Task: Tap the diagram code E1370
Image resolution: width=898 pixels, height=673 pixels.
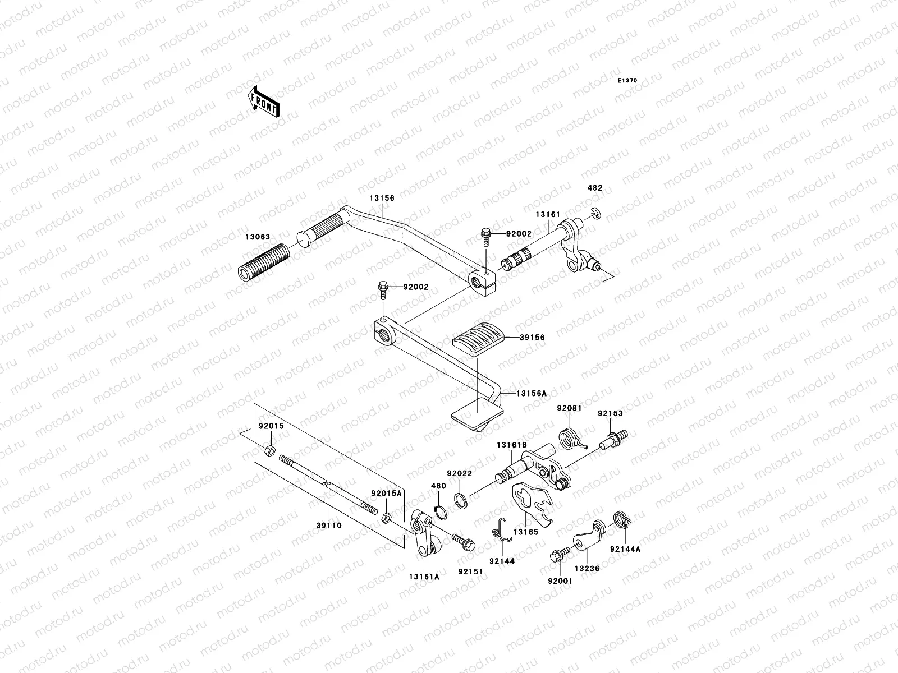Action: pyautogui.click(x=627, y=81)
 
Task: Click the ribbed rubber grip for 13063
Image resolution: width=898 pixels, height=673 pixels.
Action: pyautogui.click(x=263, y=264)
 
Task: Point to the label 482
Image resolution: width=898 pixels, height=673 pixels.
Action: pyautogui.click(x=595, y=188)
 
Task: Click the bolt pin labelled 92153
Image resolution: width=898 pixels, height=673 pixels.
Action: pyautogui.click(x=613, y=438)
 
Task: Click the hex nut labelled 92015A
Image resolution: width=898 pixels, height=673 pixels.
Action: pyautogui.click(x=387, y=517)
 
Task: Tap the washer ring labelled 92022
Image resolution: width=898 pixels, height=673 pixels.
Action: pyautogui.click(x=460, y=499)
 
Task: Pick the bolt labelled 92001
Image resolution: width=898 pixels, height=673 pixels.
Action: pyautogui.click(x=559, y=556)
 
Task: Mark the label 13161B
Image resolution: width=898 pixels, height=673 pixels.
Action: pyautogui.click(x=511, y=445)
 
